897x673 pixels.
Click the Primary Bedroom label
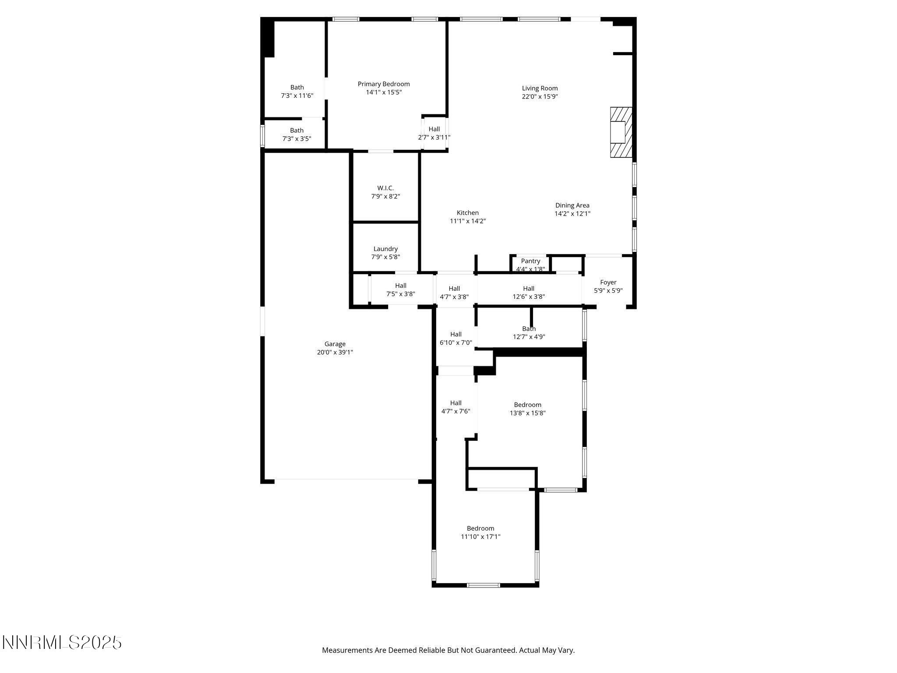tap(384, 84)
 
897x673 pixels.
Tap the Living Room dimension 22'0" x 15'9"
tap(540, 97)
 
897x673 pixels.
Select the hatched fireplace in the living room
tap(622, 132)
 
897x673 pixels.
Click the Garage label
tap(335, 344)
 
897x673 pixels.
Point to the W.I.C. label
tap(385, 188)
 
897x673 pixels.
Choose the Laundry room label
tap(385, 249)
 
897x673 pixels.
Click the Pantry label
tap(530, 261)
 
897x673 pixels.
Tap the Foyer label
tap(608, 283)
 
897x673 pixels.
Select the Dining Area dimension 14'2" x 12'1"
tap(572, 214)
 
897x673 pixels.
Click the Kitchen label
tap(468, 213)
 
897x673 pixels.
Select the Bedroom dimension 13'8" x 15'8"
tap(527, 413)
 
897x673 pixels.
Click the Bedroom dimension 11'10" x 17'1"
tap(480, 536)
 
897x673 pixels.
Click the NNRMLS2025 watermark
tap(62, 643)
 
